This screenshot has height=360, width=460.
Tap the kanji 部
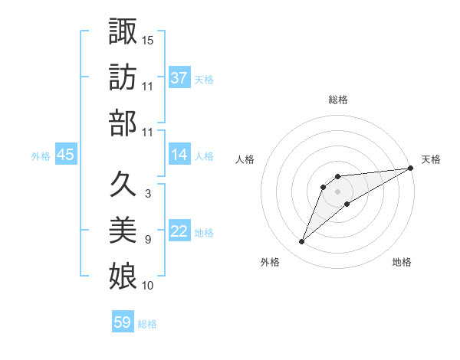(123, 123)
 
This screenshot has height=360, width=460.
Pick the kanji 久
(123, 184)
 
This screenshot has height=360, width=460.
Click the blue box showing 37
(179, 78)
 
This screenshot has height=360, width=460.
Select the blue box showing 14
(179, 155)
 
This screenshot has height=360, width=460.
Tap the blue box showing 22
(179, 232)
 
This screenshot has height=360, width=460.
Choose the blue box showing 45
(66, 155)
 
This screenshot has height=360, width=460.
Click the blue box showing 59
(123, 322)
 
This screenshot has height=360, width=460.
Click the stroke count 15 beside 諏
(148, 39)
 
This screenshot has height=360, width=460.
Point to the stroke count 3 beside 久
(147, 194)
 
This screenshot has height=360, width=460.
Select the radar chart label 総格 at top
(338, 100)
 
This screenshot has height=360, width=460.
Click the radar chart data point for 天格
(411, 169)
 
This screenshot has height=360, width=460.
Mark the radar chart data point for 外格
(302, 242)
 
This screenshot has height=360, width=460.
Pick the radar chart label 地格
(402, 263)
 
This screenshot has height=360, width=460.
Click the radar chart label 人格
(245, 159)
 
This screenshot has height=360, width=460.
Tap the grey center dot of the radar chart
(338, 191)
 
